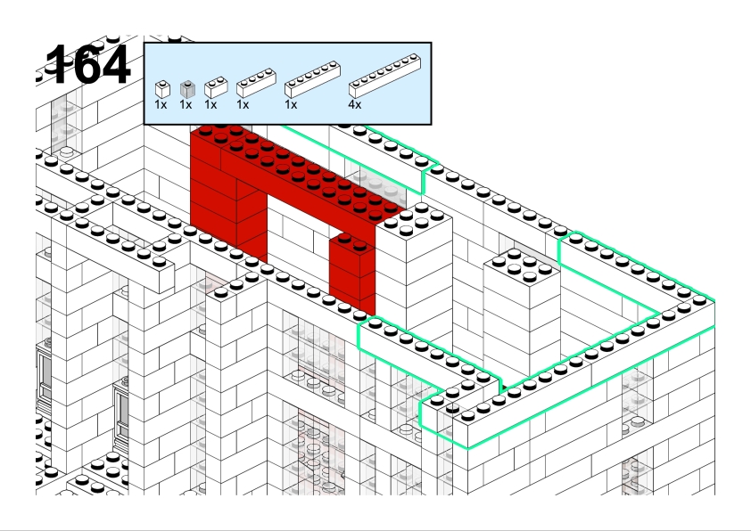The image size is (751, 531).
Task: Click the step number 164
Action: tap(88, 64)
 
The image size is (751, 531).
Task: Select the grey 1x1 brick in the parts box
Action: tap(187, 89)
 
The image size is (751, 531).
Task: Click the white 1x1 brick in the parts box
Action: tap(162, 89)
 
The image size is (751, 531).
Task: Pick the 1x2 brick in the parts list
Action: tap(216, 87)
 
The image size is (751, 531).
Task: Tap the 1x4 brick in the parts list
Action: tap(256, 83)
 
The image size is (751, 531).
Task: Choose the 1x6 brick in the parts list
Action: tap(312, 79)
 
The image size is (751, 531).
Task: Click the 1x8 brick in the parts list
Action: tap(385, 76)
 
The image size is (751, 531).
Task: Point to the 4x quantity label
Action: tap(355, 105)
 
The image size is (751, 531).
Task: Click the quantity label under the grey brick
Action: tap(186, 105)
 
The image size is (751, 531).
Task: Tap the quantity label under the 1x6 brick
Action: tap(291, 105)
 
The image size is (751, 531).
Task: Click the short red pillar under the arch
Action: tap(352, 273)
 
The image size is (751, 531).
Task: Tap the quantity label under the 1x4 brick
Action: tap(243, 105)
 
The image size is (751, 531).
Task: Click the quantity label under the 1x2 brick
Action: tap(210, 105)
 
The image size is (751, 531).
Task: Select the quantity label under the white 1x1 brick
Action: tap(161, 105)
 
